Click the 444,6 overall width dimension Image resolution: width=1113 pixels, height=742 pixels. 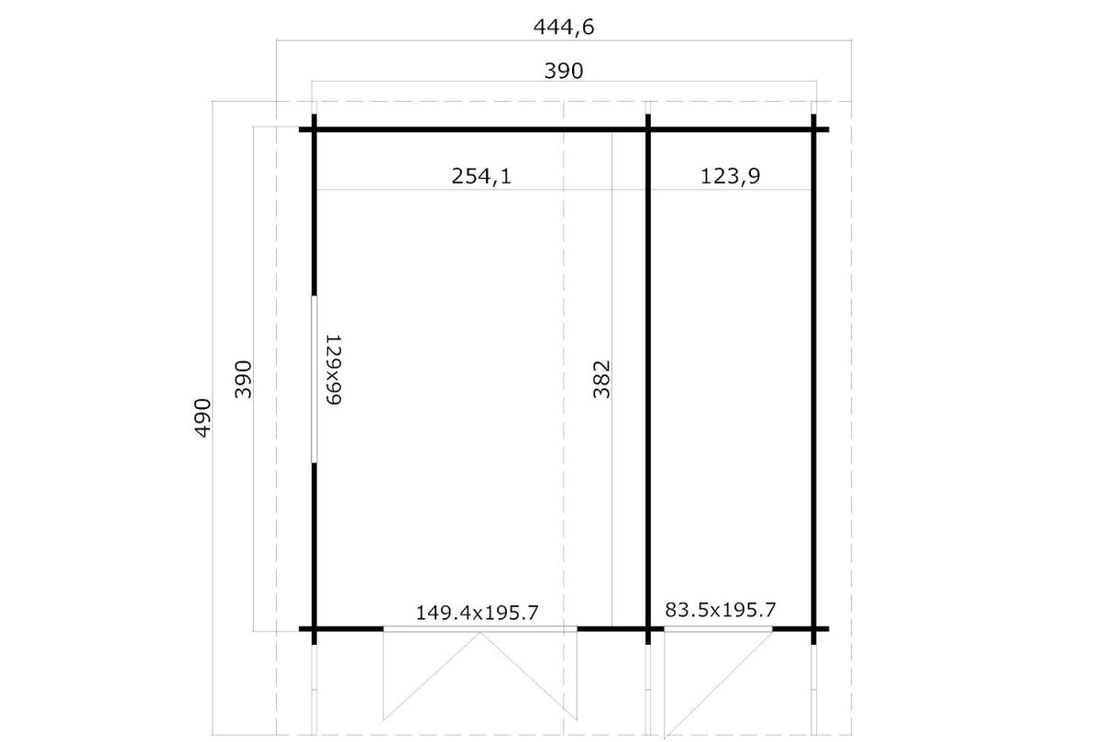564,27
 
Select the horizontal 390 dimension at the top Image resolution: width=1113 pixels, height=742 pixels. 564,71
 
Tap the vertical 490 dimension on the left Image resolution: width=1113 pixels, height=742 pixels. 203,418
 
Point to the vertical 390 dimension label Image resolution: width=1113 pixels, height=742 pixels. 243,380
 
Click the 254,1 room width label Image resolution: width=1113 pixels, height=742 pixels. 481,176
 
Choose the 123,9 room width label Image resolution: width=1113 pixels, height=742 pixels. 730,176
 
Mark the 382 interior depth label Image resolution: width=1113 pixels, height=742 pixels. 601,380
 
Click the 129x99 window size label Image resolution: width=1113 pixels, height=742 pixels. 334,370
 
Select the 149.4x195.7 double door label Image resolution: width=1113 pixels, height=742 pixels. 477,613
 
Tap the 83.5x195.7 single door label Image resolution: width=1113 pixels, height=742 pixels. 721,609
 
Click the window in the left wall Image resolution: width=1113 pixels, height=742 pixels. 314,379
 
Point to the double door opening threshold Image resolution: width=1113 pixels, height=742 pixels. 480,628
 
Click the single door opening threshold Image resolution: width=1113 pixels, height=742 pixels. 718,628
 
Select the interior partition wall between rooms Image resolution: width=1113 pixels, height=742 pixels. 648,379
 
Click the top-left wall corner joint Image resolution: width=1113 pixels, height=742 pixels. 314,129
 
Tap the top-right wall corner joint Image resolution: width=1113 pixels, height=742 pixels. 813,129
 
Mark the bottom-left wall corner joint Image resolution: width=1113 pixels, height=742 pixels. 314,628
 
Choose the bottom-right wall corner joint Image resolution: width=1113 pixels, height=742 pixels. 813,628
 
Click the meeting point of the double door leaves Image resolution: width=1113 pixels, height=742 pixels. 480,632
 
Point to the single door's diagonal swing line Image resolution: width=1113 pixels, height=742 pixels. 719,685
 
